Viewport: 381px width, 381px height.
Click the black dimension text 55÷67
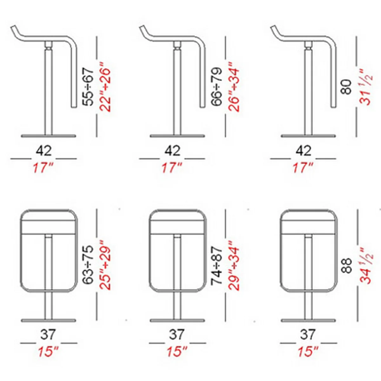[87, 87]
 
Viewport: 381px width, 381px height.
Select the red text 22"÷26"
[105, 87]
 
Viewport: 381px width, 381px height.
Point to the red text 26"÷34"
[234, 87]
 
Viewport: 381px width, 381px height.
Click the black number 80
[346, 87]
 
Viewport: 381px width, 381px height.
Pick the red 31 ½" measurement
[365, 87]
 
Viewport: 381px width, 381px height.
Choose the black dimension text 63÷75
[87, 265]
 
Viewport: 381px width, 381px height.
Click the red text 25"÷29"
[105, 265]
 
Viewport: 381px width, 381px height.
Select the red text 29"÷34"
[234, 265]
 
